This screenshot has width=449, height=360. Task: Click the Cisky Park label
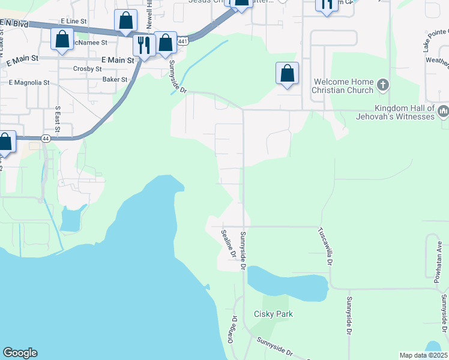click(x=273, y=314)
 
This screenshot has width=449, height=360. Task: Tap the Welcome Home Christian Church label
click(x=342, y=86)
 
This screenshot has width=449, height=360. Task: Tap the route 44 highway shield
click(x=46, y=138)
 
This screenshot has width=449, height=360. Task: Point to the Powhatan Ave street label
click(x=440, y=255)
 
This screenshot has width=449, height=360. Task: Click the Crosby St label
click(x=87, y=69)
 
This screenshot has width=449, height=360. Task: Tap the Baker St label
click(x=115, y=79)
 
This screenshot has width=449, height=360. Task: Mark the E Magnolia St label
click(x=29, y=82)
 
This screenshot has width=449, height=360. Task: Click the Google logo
click(x=20, y=353)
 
